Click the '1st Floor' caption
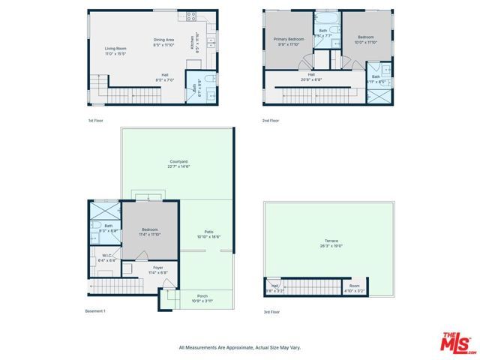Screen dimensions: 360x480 (94, 120)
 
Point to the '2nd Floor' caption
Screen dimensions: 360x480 (271, 120)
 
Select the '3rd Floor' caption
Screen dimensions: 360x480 (271, 311)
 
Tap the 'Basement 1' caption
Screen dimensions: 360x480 (95, 311)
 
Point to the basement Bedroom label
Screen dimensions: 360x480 (150, 232)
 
